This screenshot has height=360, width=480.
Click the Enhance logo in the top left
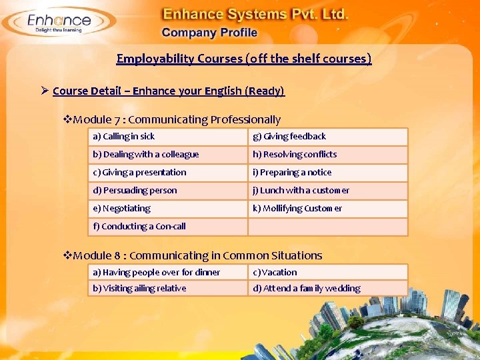point(56,23)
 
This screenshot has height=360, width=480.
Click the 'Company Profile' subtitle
point(209,33)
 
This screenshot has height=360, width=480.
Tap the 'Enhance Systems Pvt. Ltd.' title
point(256,14)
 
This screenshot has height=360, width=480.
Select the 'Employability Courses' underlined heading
point(244,59)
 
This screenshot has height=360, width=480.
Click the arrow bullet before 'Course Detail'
point(45,91)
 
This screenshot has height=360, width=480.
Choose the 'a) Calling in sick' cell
point(167,137)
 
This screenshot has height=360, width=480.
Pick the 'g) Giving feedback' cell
point(327,137)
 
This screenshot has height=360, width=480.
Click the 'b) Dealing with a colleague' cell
point(167,155)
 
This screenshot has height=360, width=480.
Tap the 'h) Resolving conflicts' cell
point(327,155)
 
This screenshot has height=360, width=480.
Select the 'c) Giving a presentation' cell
point(167,173)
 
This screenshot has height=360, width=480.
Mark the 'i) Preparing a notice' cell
point(327,173)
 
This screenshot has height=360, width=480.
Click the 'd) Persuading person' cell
point(167,191)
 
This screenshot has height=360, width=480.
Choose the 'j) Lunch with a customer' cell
point(327,191)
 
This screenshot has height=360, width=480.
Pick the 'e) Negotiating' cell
point(167,209)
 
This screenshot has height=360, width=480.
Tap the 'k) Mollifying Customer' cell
point(327,209)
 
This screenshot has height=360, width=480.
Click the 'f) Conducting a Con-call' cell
point(167,227)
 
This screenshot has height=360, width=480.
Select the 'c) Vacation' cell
point(327,272)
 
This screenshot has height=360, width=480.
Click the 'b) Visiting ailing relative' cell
point(167,288)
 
